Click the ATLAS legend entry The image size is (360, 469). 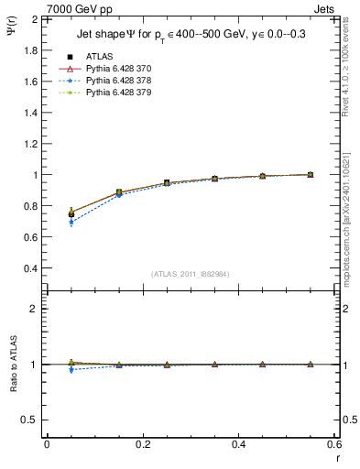98,56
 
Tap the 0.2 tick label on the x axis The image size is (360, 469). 142,444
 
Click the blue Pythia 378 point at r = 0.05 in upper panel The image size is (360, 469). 71,223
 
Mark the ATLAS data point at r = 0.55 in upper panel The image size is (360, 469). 310,174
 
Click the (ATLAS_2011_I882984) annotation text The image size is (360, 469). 191,274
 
